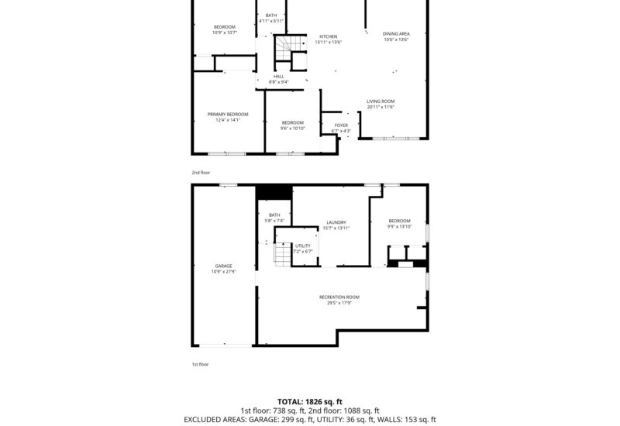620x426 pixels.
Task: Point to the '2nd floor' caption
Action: coord(201,173)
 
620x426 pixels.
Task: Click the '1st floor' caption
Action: coord(201,364)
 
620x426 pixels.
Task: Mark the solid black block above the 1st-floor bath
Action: coord(274,193)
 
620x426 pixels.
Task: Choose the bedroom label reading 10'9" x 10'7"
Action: coord(223,29)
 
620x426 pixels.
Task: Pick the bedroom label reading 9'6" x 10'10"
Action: coord(292,125)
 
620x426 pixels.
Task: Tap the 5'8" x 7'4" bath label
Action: coord(274,218)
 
